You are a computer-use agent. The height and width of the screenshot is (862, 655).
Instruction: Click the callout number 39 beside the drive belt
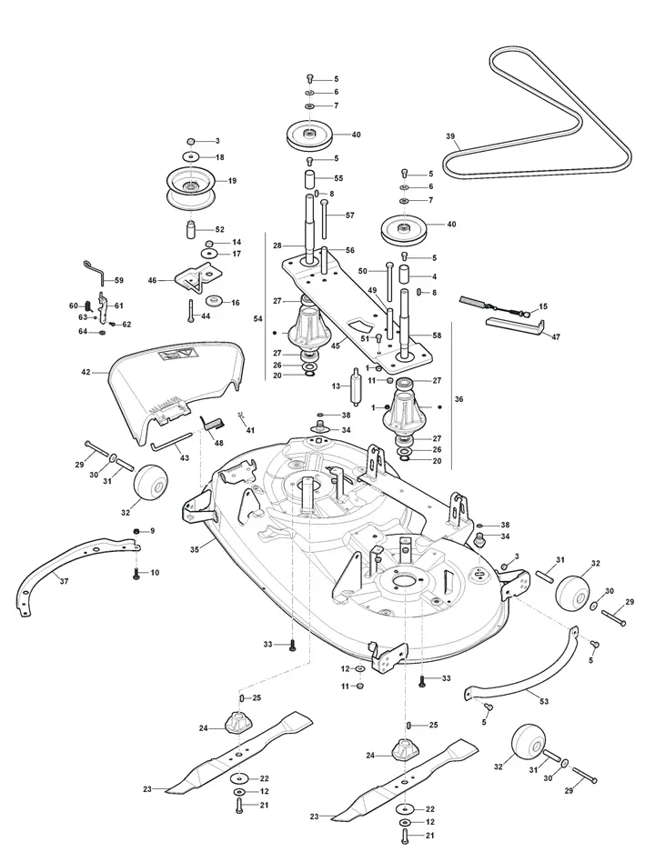[x=450, y=135]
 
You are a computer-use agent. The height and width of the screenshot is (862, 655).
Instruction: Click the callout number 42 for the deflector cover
[x=86, y=372]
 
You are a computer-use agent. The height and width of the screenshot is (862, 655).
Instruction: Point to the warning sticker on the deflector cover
[x=175, y=354]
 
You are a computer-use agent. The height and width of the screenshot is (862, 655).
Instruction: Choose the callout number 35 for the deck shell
[x=194, y=549]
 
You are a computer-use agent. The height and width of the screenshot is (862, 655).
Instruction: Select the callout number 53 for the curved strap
[x=544, y=701]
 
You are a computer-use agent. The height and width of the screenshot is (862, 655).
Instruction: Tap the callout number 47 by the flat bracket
[x=556, y=337]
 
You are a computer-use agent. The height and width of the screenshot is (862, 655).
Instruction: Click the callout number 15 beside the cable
[x=543, y=306]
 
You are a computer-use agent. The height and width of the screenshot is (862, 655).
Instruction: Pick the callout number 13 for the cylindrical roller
[x=336, y=386]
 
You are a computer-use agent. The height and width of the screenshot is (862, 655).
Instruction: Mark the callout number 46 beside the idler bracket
[x=152, y=280]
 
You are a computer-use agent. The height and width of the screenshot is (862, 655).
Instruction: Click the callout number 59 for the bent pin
[x=119, y=280]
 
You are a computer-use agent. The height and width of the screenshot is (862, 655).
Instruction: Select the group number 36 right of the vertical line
[x=458, y=399]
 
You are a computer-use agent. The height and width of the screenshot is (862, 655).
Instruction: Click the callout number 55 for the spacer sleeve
[x=338, y=178]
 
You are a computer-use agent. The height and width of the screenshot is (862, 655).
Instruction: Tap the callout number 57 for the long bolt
[x=349, y=215]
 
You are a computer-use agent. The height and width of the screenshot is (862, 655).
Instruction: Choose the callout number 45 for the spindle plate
[x=336, y=345]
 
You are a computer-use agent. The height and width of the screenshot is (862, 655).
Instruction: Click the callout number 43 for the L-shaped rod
[x=185, y=458]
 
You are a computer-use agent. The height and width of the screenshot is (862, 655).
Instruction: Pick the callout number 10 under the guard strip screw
[x=155, y=573]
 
